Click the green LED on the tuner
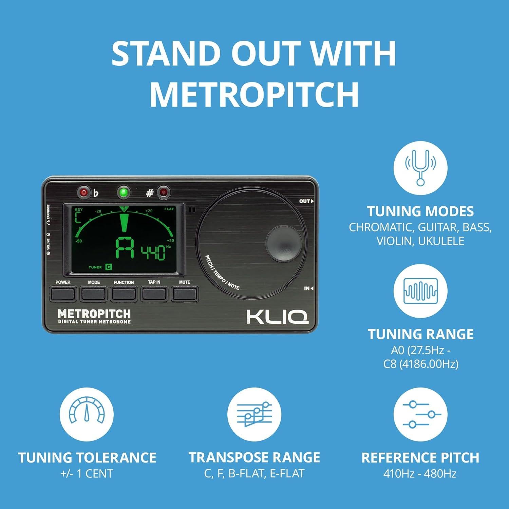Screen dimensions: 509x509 point(124,193)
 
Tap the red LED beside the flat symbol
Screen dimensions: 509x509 point(83,193)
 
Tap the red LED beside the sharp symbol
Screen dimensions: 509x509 point(164,193)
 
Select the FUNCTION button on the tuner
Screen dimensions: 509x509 point(124,294)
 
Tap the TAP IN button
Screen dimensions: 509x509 point(154,294)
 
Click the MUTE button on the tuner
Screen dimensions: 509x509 point(185,294)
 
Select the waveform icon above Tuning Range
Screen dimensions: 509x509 point(420,291)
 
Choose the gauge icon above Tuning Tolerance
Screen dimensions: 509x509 point(87,414)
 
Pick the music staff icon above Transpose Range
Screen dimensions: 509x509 point(254,414)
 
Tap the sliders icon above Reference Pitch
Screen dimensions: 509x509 point(420,414)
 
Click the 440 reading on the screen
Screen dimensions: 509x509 point(153,252)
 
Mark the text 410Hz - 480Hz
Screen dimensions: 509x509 point(420,473)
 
